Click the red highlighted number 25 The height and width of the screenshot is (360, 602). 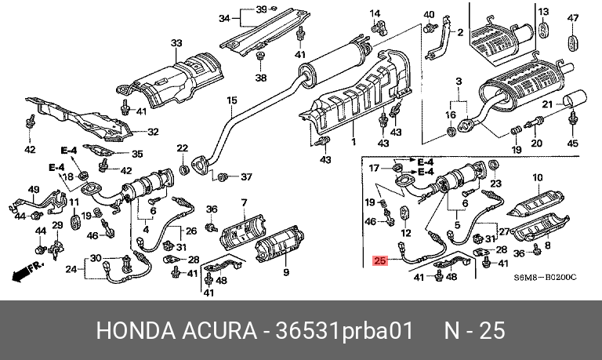(381, 261)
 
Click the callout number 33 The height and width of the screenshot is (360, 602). (176, 43)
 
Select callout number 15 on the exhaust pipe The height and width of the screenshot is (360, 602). (231, 100)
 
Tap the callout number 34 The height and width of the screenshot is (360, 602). (224, 18)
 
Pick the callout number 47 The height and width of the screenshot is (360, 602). (572, 18)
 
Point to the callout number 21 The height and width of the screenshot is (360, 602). (549, 104)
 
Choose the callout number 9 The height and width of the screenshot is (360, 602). (286, 272)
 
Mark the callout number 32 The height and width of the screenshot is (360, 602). (153, 132)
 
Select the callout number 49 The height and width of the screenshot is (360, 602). (33, 190)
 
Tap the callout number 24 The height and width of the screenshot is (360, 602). (71, 270)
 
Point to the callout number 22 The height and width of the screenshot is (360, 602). (182, 148)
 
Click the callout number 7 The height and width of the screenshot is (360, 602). (244, 203)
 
